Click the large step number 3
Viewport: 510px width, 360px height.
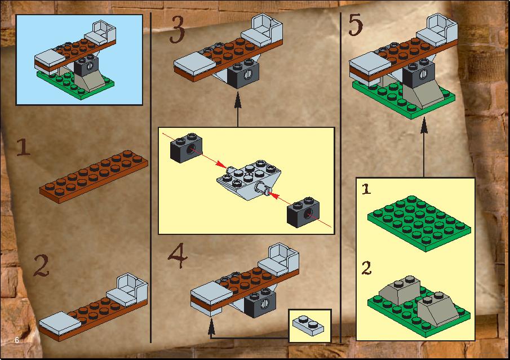point(178,30)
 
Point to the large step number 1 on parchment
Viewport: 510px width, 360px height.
point(24,147)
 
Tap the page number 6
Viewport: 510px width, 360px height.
point(17,340)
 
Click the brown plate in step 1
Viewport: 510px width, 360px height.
point(94,176)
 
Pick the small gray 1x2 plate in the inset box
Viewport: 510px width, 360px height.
point(308,326)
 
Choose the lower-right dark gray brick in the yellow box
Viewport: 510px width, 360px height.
point(303,212)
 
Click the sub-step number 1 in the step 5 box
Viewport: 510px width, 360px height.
point(366,189)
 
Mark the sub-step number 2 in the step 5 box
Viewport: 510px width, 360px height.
point(366,268)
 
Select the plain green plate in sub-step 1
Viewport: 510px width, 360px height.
point(419,224)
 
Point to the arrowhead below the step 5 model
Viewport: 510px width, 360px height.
point(423,125)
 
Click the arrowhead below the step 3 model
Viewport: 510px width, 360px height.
point(238,100)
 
